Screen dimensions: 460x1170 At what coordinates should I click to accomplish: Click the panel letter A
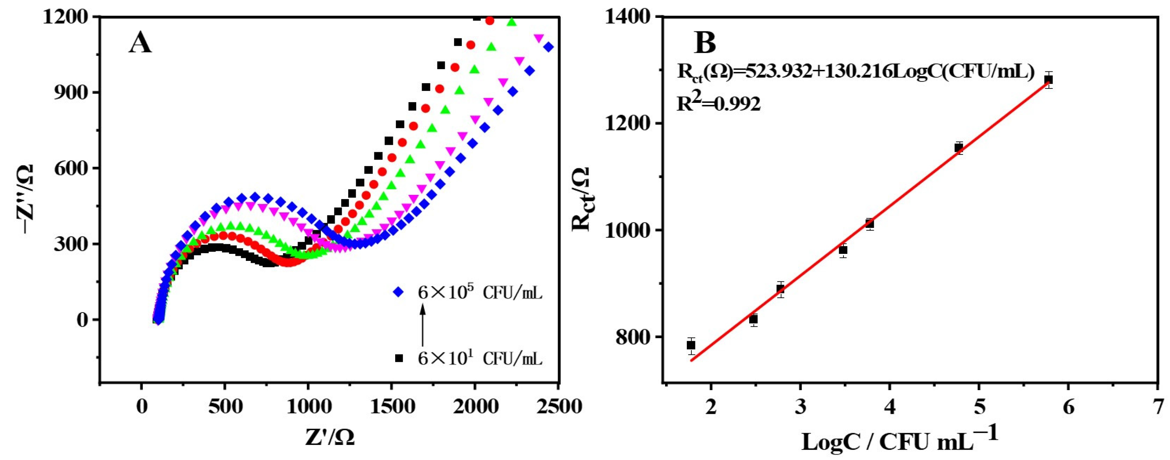140,45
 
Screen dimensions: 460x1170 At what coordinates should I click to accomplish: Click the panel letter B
705,43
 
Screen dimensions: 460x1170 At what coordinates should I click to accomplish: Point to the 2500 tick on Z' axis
558,406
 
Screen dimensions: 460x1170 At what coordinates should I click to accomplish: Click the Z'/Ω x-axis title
330,437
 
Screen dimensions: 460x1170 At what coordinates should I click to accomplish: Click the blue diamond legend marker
398,292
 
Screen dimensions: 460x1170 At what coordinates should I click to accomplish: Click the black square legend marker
399,359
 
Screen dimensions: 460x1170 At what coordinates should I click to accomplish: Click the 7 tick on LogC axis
1159,406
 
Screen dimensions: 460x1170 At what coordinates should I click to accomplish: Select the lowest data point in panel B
691,345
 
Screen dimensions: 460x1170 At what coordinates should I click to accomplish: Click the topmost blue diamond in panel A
548,47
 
